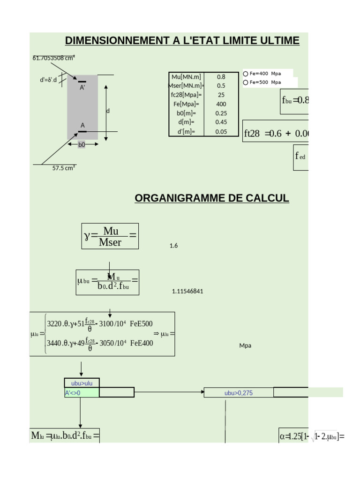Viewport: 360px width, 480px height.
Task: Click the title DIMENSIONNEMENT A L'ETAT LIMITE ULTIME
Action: click(x=182, y=41)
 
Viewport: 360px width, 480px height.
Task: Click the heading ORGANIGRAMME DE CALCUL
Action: click(x=212, y=198)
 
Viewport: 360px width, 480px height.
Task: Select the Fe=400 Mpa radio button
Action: click(x=246, y=74)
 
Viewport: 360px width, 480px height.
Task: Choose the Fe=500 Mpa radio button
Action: click(x=246, y=82)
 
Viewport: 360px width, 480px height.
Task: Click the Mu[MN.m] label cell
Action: click(x=186, y=76)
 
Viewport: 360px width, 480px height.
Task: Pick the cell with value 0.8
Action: click(x=221, y=76)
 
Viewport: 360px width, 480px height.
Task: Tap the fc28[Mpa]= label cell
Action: click(x=186, y=95)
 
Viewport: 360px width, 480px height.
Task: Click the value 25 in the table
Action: click(x=221, y=95)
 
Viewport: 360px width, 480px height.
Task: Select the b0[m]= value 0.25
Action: click(x=221, y=113)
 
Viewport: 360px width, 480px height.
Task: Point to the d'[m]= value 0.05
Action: click(x=221, y=132)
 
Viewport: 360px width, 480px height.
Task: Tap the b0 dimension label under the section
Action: click(x=82, y=145)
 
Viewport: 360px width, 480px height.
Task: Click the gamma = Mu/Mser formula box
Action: click(x=110, y=236)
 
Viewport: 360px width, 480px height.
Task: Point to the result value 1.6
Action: click(x=173, y=246)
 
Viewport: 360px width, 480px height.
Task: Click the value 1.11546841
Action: click(x=187, y=291)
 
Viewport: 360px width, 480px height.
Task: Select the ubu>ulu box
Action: click(x=82, y=383)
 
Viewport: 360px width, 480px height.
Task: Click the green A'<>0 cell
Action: click(x=82, y=393)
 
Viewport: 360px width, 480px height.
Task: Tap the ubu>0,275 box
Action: click(x=238, y=393)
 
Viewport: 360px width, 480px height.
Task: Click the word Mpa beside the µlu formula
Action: click(x=245, y=345)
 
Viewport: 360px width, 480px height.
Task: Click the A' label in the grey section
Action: click(x=82, y=88)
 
